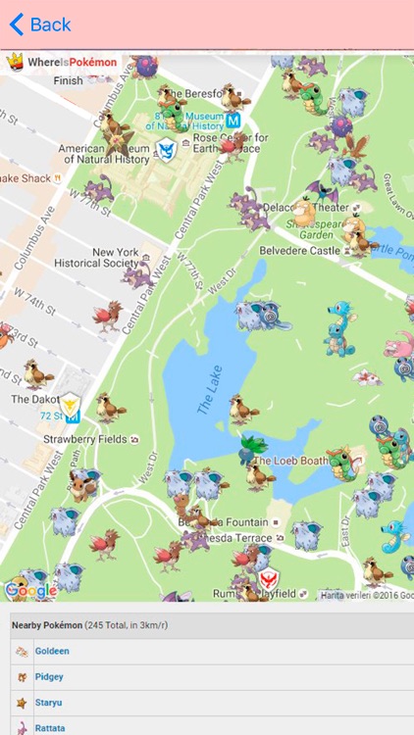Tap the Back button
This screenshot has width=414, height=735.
(40, 24)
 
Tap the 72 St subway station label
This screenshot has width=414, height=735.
(52, 416)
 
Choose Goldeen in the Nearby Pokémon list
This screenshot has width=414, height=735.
(52, 651)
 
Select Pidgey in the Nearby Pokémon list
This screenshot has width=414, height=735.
(49, 676)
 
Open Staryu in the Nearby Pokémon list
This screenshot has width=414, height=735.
(49, 703)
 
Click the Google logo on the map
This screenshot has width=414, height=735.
(30, 590)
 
